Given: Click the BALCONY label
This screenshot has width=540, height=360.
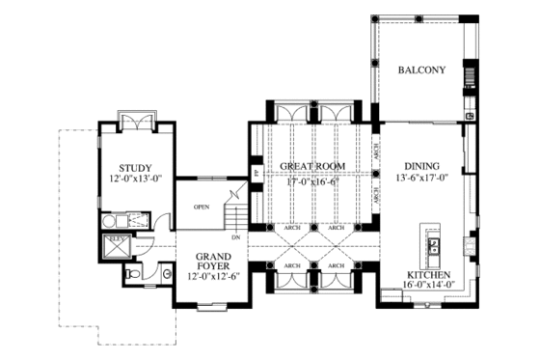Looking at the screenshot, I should point(421,70).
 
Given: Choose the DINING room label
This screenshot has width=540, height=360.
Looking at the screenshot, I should point(421,166).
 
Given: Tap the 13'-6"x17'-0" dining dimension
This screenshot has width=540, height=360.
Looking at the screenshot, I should point(421,179).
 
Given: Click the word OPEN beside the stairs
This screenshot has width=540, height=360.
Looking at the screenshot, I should point(202,206).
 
